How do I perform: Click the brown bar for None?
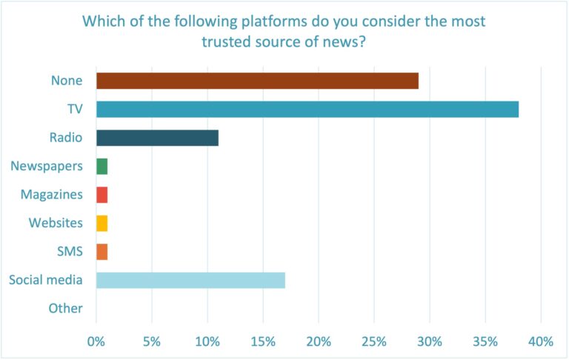257,81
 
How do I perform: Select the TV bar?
307,110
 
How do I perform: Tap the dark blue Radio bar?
157,138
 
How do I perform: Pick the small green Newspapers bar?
102,167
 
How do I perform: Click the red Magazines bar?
102,195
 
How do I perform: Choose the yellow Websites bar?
102,223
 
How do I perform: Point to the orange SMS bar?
102,252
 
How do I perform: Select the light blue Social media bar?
190,280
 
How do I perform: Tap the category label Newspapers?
47,167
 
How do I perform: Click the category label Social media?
46,280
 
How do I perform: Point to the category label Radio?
67,138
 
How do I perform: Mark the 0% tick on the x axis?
96,341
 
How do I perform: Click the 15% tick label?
263,341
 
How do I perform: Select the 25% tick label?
374,341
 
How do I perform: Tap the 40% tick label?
541,341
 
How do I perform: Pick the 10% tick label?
207,341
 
